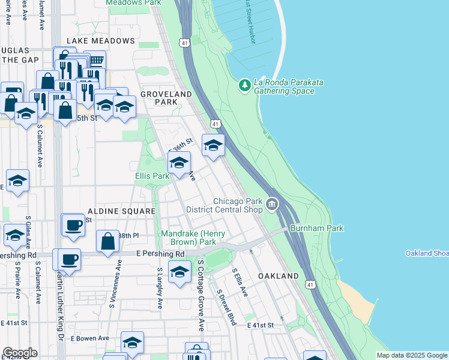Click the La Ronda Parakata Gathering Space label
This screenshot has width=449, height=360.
click(283, 86)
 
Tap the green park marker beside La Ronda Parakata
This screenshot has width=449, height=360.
click(244, 86)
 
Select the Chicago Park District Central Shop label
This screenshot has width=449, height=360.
click(224, 205)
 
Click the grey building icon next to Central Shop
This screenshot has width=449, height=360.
click(272, 206)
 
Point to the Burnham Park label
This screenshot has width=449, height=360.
click(316, 229)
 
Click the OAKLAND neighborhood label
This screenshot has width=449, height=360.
click(278, 275)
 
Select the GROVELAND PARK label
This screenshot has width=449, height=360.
click(166, 98)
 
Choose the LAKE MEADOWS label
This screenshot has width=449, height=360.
click(101, 41)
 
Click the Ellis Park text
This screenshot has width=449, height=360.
click(151, 176)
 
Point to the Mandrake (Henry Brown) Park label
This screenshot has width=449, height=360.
click(188, 238)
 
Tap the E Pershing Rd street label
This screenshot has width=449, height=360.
click(160, 254)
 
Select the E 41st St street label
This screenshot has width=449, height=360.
click(260, 325)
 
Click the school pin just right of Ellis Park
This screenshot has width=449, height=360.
click(179, 163)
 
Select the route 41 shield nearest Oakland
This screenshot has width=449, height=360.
click(309, 283)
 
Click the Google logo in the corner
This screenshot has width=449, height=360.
click(20, 353)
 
